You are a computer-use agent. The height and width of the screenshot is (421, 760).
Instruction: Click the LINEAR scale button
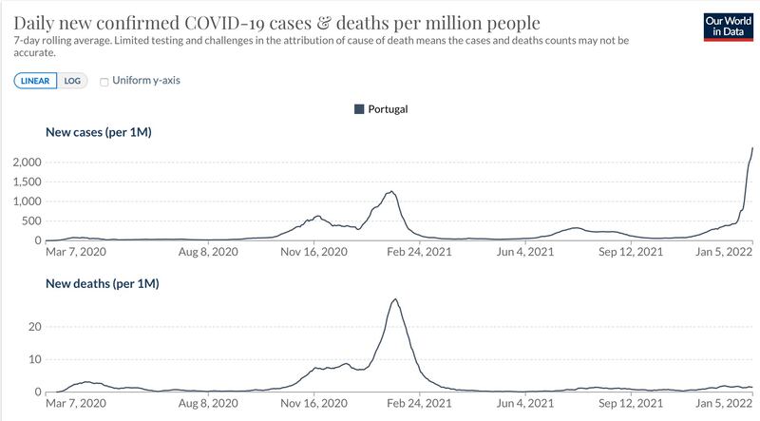35,81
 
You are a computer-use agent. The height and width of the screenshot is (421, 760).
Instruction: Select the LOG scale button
72,81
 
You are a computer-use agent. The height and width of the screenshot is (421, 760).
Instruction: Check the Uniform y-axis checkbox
104,82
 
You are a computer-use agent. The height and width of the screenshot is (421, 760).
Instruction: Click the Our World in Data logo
729,27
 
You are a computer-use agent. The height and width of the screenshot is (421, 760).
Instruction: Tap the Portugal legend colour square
359,109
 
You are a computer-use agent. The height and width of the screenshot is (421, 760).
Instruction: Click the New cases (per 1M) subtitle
99,132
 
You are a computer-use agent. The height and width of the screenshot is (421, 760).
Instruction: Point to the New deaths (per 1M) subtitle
103,283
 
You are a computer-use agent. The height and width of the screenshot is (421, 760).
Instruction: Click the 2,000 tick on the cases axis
28,162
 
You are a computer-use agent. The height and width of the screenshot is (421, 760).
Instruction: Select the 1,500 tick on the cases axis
28,182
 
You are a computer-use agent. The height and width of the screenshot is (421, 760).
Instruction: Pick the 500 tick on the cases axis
31,221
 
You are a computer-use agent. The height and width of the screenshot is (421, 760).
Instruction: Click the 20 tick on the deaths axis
35,326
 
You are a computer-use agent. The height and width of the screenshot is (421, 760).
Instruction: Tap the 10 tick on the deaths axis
35,359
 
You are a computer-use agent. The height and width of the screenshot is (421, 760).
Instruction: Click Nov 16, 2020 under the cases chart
314,252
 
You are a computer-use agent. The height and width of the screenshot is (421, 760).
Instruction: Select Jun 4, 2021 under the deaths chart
525,403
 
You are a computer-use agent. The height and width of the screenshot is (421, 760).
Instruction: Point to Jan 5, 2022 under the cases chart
724,252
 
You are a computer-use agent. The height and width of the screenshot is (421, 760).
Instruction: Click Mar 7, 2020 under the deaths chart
76,403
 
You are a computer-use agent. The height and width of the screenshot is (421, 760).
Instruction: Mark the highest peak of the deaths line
396,299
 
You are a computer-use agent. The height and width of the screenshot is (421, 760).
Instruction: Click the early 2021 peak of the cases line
390,192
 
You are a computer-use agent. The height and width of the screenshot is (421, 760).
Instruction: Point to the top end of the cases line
752,148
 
